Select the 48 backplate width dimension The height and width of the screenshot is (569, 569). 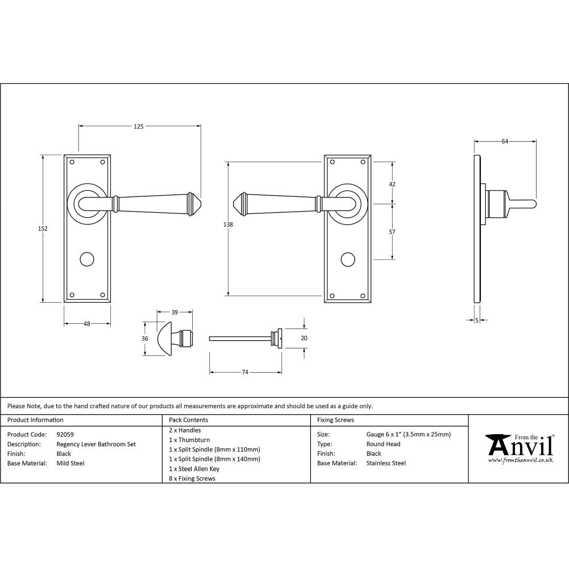pyautogui.click(x=86, y=324)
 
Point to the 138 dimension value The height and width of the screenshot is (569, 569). pyautogui.click(x=228, y=225)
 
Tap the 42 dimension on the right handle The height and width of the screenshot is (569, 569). pyautogui.click(x=392, y=184)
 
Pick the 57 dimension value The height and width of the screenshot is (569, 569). pyautogui.click(x=392, y=232)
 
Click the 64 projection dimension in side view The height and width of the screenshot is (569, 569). pyautogui.click(x=505, y=142)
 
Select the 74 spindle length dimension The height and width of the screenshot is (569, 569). pyautogui.click(x=245, y=372)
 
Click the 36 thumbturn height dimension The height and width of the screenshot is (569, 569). pyautogui.click(x=145, y=339)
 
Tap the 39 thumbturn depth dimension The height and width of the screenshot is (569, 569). pyautogui.click(x=175, y=312)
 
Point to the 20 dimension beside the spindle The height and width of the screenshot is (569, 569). pyautogui.click(x=304, y=337)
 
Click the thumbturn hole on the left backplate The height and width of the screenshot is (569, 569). pyautogui.click(x=86, y=259)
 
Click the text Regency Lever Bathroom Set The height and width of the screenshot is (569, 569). pyautogui.click(x=96, y=444)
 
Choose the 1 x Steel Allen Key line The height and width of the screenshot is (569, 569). pyautogui.click(x=194, y=469)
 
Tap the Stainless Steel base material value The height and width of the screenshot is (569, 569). pyautogui.click(x=386, y=463)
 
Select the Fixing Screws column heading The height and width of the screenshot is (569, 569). pyautogui.click(x=335, y=420)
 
